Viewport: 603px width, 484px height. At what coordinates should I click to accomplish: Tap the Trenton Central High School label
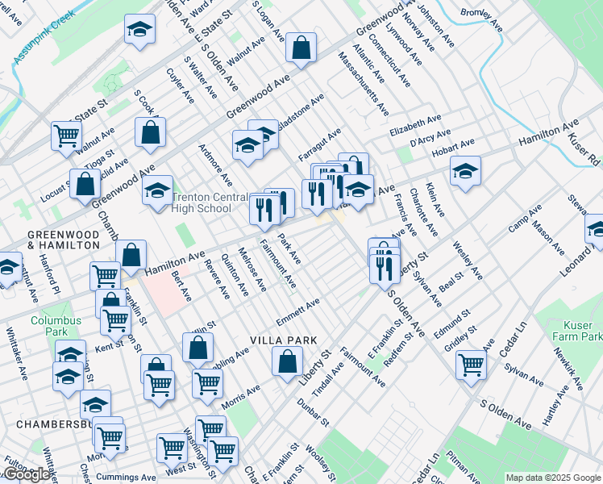pos(202,202)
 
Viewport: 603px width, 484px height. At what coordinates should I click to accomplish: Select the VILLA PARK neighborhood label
pos(282,340)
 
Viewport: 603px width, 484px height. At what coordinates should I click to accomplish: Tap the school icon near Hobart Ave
pos(465,171)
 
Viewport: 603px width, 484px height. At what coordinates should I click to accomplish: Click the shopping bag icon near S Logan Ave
pos(301,48)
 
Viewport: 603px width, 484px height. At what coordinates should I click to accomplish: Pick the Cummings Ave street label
pos(126,478)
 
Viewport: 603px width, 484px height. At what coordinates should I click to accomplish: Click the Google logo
pos(26,474)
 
